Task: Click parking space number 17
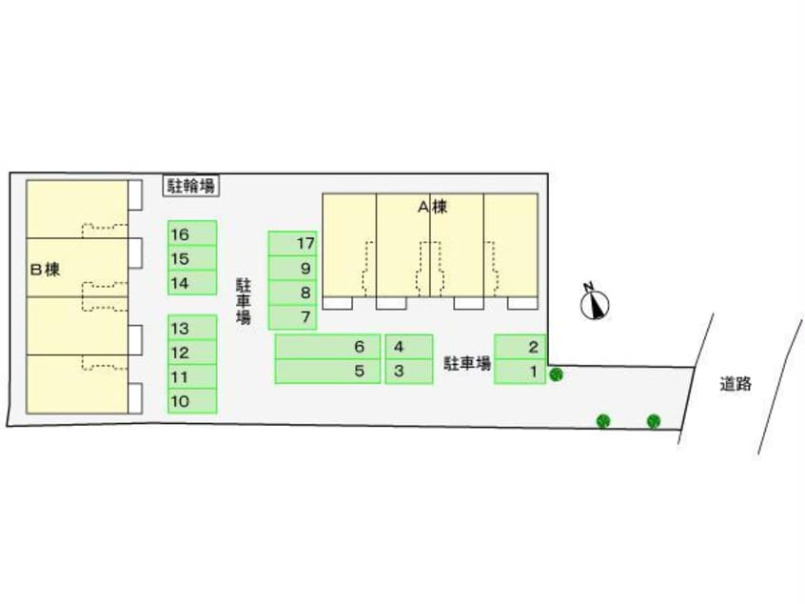coord(292,244)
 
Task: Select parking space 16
coord(192,233)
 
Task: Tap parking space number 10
coord(192,402)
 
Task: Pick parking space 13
coord(192,328)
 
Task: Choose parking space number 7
coord(292,317)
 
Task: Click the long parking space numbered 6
coord(327,347)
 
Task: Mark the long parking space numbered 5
coord(327,371)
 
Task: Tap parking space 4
coord(409,347)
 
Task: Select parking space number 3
coord(409,371)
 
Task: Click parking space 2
coord(520,347)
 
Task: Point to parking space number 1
coord(520,371)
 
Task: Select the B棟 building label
coord(46,270)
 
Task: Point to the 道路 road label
coord(736,385)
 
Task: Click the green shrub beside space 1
coord(557,374)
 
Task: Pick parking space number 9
coord(292,269)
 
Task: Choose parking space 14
coord(192,283)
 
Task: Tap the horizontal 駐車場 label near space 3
coord(467,363)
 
